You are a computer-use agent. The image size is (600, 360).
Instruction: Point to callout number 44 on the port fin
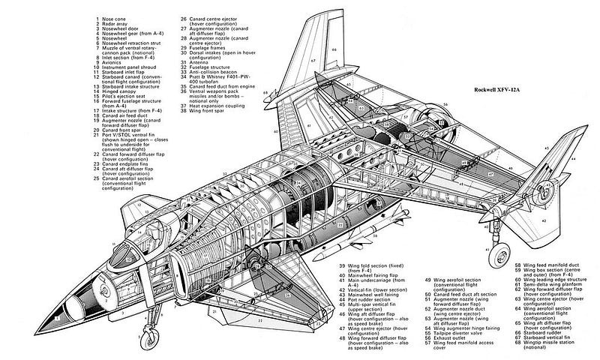[x=573, y=159]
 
